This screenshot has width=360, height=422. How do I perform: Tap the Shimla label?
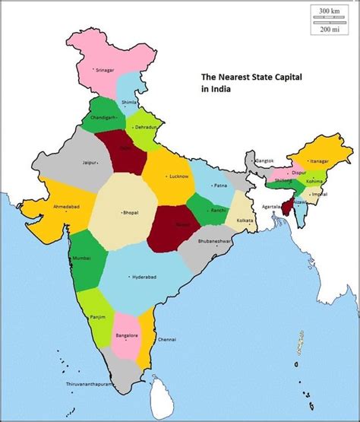click(x=130, y=102)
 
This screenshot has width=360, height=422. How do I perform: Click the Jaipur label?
click(x=90, y=162)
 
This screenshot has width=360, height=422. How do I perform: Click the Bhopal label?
click(x=131, y=214)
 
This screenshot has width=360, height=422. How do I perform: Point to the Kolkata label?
click(x=245, y=221)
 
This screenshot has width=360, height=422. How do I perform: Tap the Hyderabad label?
click(x=144, y=276)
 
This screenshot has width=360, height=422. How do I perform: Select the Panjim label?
click(x=97, y=316)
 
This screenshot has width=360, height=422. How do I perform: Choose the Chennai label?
click(x=168, y=339)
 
